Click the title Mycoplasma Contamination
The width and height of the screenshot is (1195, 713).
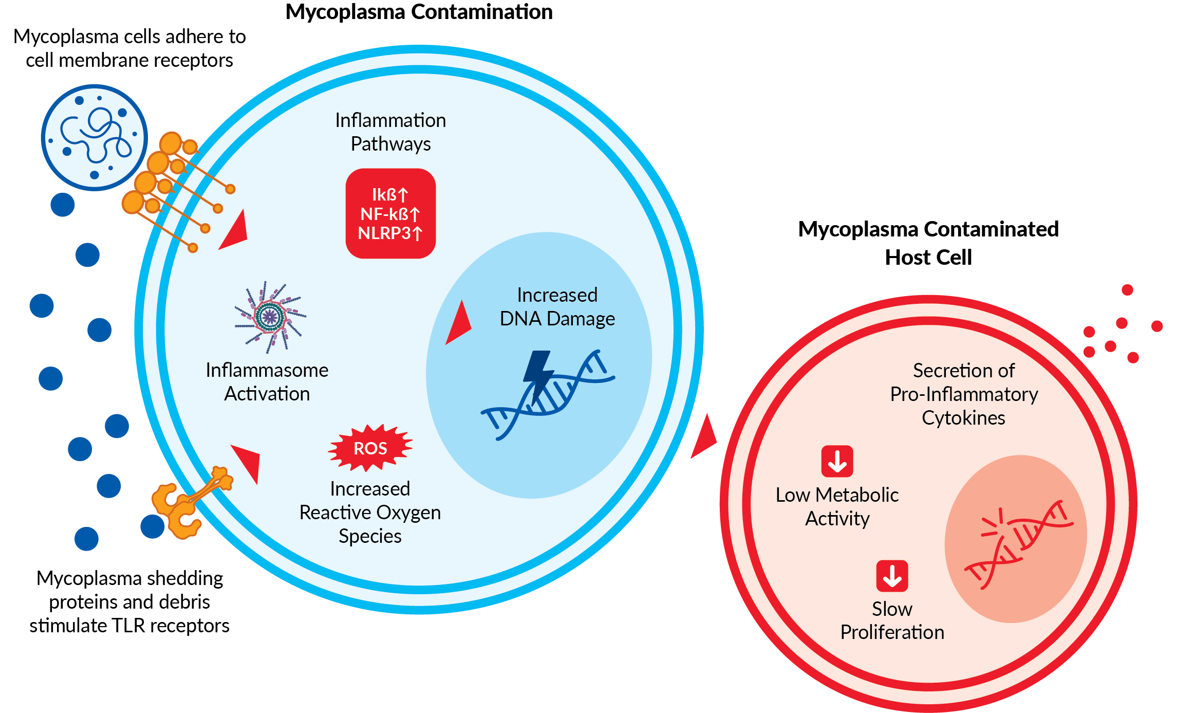tap(419, 12)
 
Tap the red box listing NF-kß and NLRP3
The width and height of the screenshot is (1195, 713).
tap(390, 213)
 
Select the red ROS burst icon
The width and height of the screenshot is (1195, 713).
tap(370, 448)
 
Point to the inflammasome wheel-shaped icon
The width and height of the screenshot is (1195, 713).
tap(270, 317)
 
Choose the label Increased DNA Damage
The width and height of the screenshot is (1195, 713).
tap(557, 307)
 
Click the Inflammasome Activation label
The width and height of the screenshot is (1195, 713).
tap(267, 382)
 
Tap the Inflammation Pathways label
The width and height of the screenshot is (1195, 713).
tap(390, 132)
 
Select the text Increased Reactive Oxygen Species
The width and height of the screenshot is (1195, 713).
tap(370, 512)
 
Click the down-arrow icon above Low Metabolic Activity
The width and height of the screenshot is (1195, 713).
tap(837, 461)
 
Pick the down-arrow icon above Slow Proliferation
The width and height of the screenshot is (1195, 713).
tap(892, 576)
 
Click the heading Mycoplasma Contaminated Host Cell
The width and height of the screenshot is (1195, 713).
tap(928, 243)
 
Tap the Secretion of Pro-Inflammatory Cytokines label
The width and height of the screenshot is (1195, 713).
tap(964, 394)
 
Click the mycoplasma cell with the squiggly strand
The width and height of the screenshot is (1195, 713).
tap(95, 137)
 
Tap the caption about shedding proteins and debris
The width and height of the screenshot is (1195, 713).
tap(129, 601)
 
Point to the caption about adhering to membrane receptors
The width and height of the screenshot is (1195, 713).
tap(129, 48)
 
